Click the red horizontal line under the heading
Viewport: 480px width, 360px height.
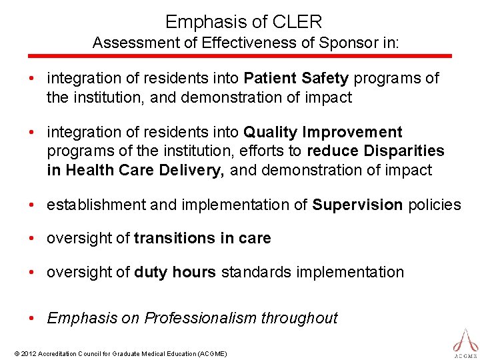240,56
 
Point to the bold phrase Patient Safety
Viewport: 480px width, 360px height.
296,79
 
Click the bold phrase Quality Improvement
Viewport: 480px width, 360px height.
323,133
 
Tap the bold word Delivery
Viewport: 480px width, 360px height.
192,170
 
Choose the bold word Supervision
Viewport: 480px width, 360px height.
357,205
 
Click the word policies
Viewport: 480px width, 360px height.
434,205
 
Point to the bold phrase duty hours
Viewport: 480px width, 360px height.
175,272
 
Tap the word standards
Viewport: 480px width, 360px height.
252,272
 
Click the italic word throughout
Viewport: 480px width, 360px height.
299,318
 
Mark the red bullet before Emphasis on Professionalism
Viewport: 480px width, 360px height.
32,318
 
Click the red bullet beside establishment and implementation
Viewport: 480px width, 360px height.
32,205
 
